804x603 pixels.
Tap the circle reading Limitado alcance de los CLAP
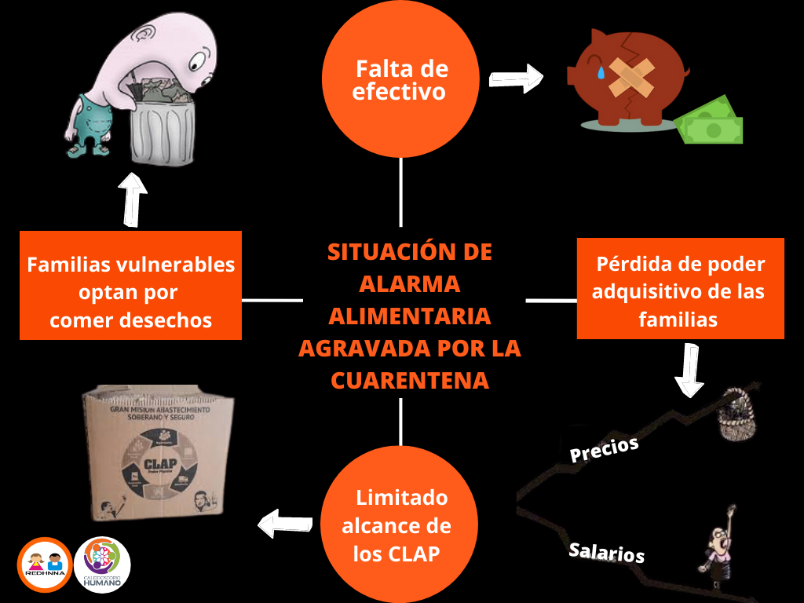(x=400, y=523)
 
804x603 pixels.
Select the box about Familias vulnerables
(x=130, y=285)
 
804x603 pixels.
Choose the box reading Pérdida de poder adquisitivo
(x=680, y=289)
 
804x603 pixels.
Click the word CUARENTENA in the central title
(x=410, y=380)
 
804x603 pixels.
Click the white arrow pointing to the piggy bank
(x=517, y=79)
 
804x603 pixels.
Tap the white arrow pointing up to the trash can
(x=132, y=199)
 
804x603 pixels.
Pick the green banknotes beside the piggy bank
(x=711, y=122)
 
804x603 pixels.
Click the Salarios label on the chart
(x=606, y=552)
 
